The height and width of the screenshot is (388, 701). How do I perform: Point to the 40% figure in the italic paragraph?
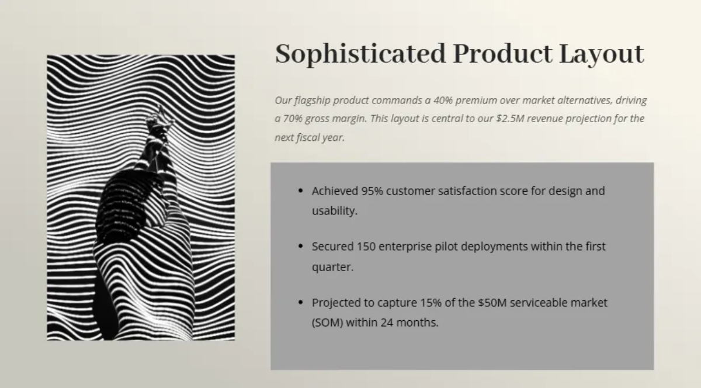(444, 100)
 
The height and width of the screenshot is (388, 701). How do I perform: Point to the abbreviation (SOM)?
(327, 323)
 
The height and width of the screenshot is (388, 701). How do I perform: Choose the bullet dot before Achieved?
(301, 191)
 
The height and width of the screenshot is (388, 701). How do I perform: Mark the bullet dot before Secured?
(301, 247)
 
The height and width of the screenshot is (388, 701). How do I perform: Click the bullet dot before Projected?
(301, 303)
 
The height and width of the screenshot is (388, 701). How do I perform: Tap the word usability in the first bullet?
(334, 211)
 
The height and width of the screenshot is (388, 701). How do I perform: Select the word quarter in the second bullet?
(332, 267)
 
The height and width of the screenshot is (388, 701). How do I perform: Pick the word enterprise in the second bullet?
(405, 247)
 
